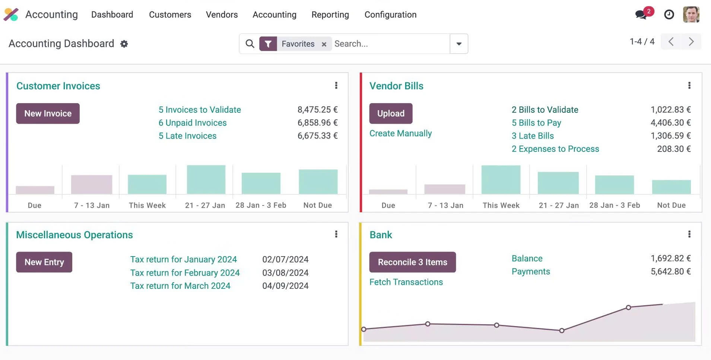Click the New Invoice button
pyautogui.click(x=48, y=114)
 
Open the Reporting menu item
pyautogui.click(x=330, y=15)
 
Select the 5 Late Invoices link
pyautogui.click(x=187, y=136)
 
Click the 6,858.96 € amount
pyautogui.click(x=317, y=123)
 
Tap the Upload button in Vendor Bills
pyautogui.click(x=391, y=114)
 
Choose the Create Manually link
pyautogui.click(x=400, y=133)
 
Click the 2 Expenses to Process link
pyautogui.click(x=555, y=149)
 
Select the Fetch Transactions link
pyautogui.click(x=406, y=282)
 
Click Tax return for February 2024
pyautogui.click(x=185, y=273)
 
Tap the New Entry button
pyautogui.click(x=44, y=262)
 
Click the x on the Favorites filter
pyautogui.click(x=324, y=44)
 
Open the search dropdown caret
pyautogui.click(x=459, y=44)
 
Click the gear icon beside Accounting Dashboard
pyautogui.click(x=124, y=44)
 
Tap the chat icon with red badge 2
pyautogui.click(x=641, y=15)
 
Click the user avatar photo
pyautogui.click(x=691, y=15)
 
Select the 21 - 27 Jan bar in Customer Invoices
pyautogui.click(x=206, y=179)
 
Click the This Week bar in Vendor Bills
pyautogui.click(x=501, y=179)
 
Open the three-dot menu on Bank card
pyautogui.click(x=689, y=234)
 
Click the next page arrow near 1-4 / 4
pyautogui.click(x=691, y=41)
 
